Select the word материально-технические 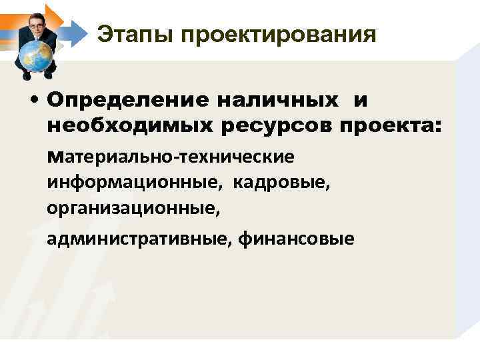click(171, 157)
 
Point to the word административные click(137, 238)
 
